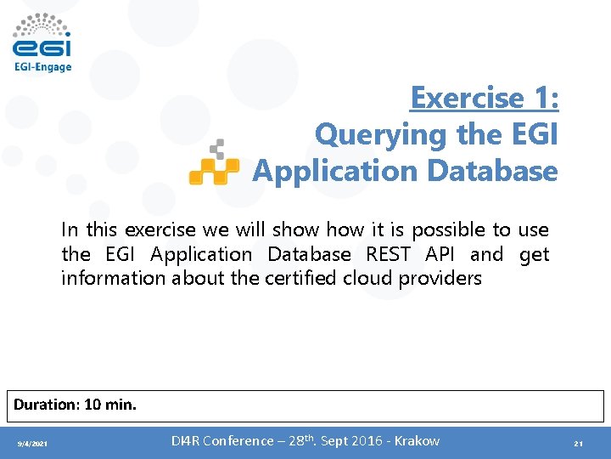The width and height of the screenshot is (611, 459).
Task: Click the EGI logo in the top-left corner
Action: pos(42,36)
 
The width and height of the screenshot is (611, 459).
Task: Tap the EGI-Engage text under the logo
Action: pos(42,66)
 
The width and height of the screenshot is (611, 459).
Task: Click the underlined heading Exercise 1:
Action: pos(484,98)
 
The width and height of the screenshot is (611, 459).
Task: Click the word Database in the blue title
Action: pos(492,171)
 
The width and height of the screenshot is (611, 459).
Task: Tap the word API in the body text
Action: pos(442,254)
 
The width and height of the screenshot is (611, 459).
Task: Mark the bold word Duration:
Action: pos(46,405)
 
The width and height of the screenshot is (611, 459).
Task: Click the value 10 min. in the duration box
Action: pos(109,405)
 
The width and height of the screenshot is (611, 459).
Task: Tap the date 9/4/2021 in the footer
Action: pos(33,444)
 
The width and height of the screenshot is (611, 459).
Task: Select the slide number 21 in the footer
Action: pos(578,444)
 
